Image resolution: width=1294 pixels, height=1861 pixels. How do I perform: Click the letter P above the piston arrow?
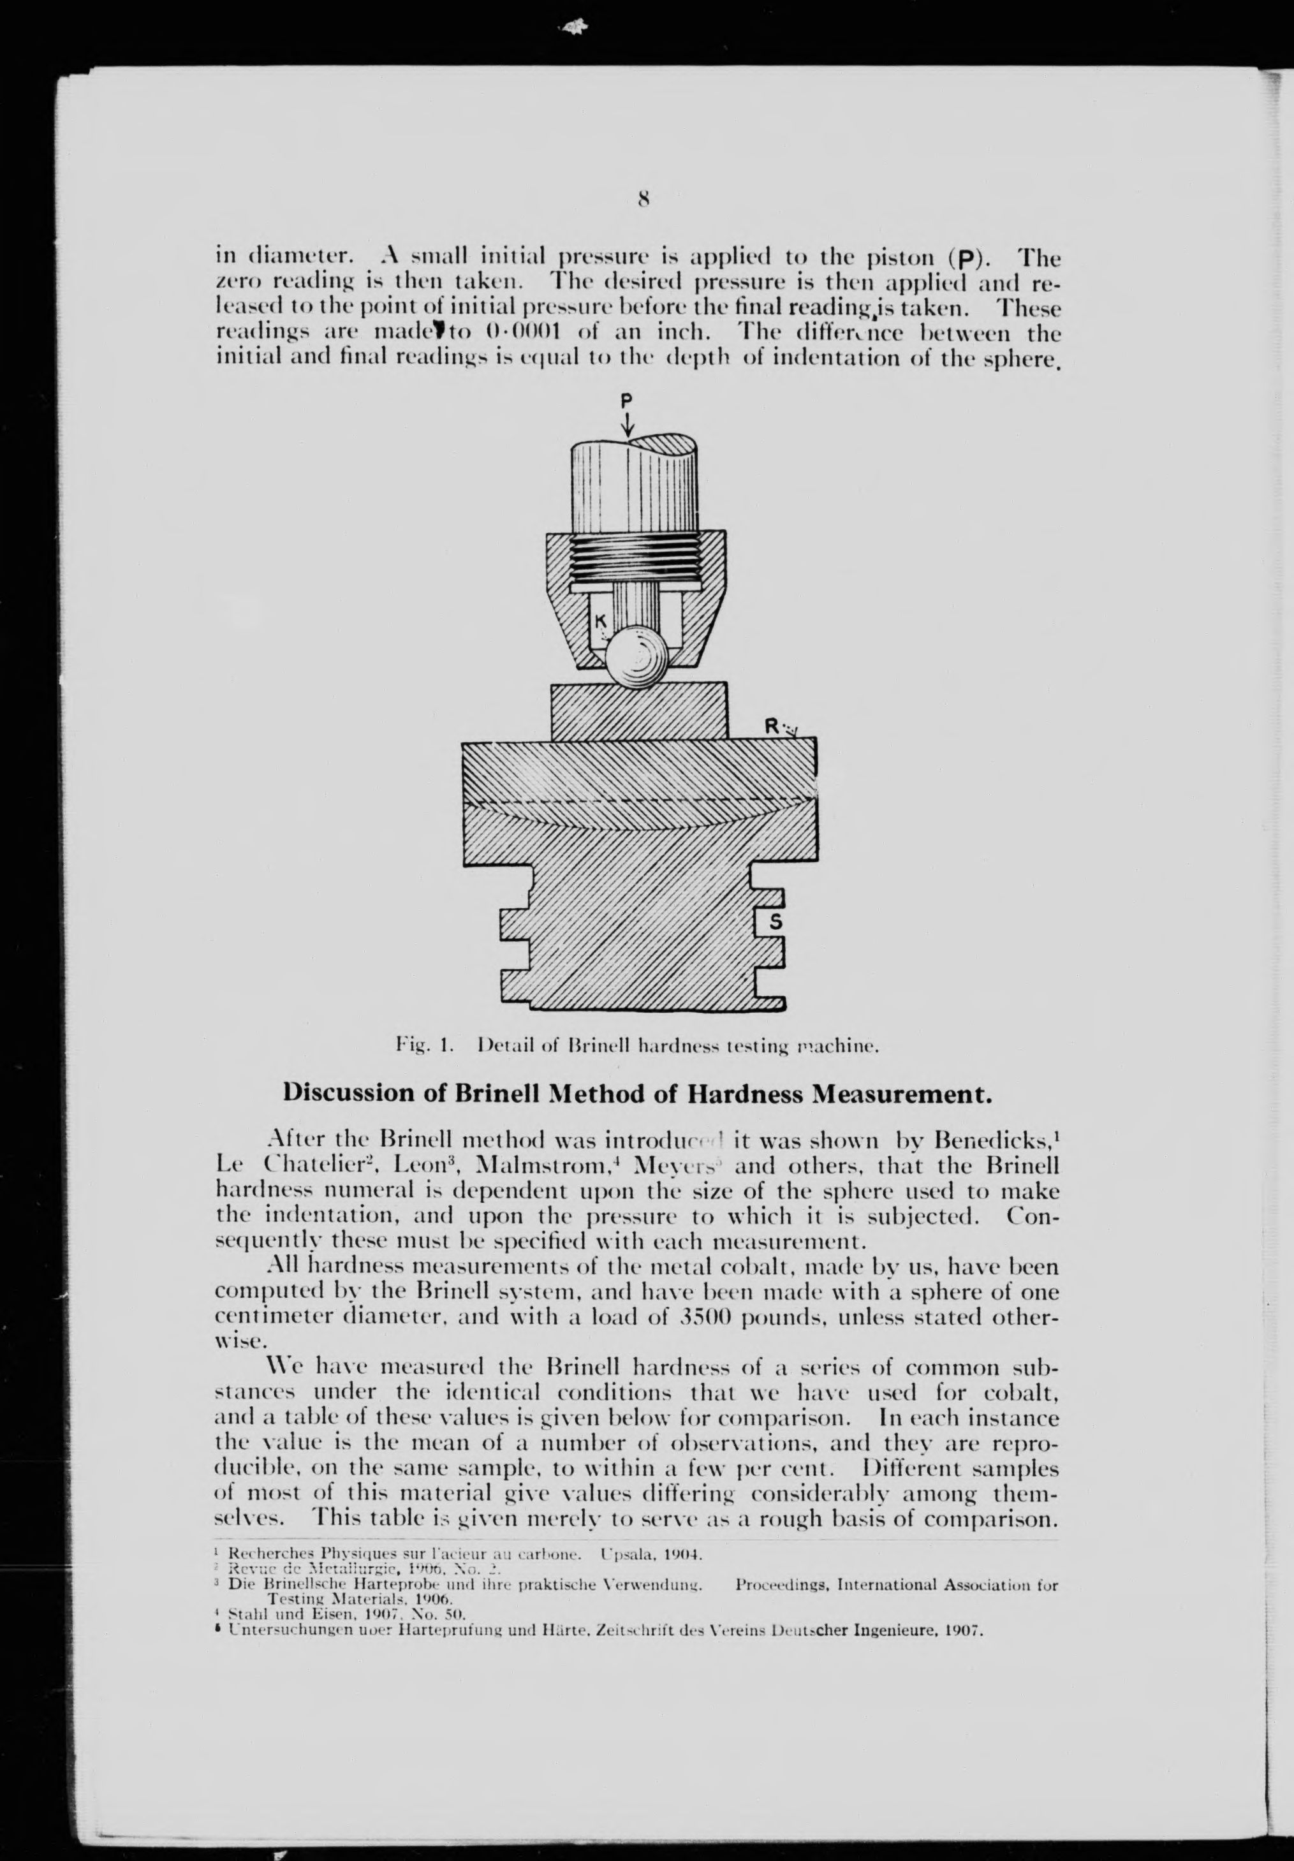[x=626, y=400]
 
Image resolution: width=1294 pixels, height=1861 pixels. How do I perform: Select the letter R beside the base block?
[x=773, y=727]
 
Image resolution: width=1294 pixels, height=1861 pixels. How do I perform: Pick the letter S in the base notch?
[x=775, y=922]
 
